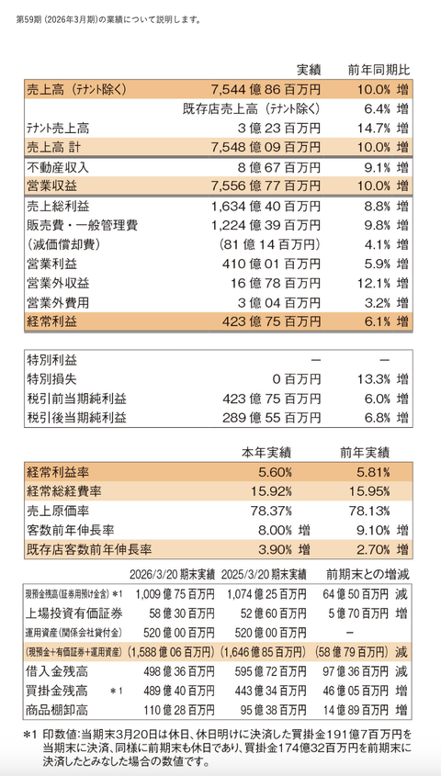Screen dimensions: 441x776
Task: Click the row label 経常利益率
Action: tap(58, 472)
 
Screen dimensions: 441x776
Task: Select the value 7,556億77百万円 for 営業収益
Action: tap(266, 186)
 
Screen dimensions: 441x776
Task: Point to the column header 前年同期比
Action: tap(379, 71)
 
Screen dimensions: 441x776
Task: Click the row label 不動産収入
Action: tap(58, 167)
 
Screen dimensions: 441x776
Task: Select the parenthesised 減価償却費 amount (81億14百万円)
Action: tap(269, 244)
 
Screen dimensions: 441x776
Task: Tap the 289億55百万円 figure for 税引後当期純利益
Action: tap(271, 418)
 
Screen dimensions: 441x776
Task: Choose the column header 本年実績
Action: tap(266, 453)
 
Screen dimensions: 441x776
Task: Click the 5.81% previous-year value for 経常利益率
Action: tap(373, 472)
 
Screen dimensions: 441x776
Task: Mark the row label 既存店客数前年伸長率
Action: tap(89, 549)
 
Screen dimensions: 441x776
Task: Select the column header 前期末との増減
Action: tap(367, 575)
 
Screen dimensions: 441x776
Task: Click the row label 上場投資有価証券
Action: tap(74, 613)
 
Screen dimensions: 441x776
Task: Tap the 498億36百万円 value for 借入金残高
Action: tap(178, 672)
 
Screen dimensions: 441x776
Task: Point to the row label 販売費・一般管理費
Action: tap(82, 226)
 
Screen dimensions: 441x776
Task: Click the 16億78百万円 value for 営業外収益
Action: tap(277, 284)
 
